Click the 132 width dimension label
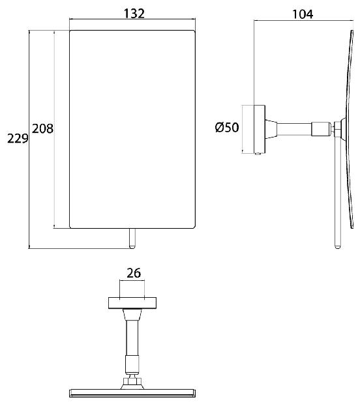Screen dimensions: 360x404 click(x=134, y=14)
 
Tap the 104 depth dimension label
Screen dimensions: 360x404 click(x=303, y=14)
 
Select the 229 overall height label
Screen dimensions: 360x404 click(x=18, y=139)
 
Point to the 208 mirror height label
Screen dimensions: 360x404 click(x=42, y=128)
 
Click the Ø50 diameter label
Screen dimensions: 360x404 click(x=227, y=127)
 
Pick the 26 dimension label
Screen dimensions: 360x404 click(x=134, y=274)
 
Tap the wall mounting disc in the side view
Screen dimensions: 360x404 click(x=260, y=129)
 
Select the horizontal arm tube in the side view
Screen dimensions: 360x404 click(x=294, y=129)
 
